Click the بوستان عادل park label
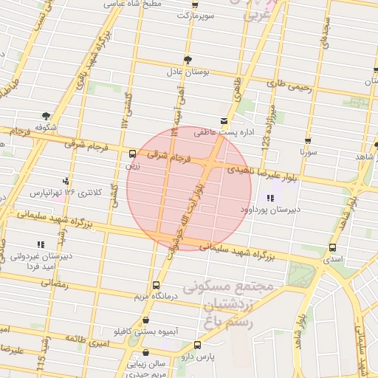click(188, 72)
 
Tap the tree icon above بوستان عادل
click(188, 59)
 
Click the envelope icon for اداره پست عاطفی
click(224, 120)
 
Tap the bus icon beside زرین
click(132, 154)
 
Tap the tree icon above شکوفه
click(46, 116)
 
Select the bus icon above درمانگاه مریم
click(156, 285)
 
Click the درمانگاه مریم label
click(155, 297)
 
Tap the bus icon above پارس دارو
click(197, 345)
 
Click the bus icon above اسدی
click(332, 248)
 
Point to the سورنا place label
click(308, 152)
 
